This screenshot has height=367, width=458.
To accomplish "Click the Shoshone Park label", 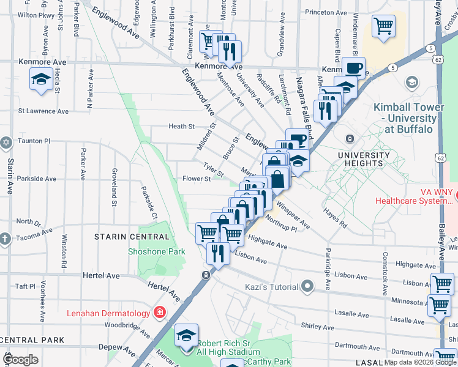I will click(x=156, y=251).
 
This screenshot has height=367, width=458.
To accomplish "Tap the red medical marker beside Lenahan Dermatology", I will click(x=160, y=313).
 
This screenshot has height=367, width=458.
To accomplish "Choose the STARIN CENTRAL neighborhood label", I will click(x=131, y=236).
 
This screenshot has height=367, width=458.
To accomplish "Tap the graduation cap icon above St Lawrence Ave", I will click(x=41, y=80).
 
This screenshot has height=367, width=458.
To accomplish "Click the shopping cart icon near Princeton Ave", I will click(x=383, y=26).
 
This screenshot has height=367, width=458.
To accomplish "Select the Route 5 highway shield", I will click(x=431, y=47).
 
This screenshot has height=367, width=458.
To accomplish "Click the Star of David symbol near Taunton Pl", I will click(x=6, y=141).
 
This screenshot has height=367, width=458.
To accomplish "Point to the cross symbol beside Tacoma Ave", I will click(x=5, y=239).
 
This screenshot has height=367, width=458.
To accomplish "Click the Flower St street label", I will click(x=196, y=179).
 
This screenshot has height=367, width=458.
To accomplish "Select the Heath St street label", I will click(x=181, y=127).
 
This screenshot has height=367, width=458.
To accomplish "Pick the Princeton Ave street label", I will click(x=326, y=12).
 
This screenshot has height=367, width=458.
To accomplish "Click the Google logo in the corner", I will click(x=20, y=359).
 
